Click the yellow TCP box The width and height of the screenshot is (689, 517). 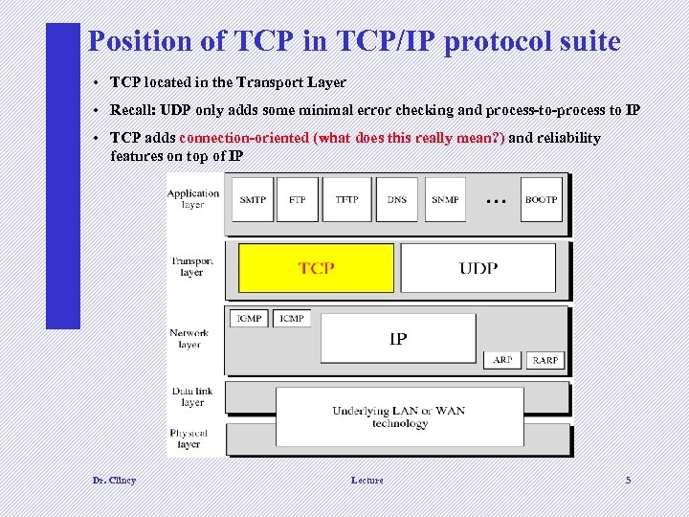(x=316, y=267)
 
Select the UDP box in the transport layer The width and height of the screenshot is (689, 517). (x=478, y=267)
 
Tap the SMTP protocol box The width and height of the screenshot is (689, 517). (x=253, y=199)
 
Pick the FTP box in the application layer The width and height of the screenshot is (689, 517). (x=298, y=199)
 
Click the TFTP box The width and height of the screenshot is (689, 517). (x=346, y=199)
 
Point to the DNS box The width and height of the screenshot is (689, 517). (x=397, y=199)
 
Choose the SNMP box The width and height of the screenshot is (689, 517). (x=445, y=199)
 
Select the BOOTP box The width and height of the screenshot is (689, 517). (x=541, y=199)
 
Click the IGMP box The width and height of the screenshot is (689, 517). (x=249, y=318)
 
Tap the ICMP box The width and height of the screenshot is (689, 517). (x=292, y=318)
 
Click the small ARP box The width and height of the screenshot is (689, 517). (x=502, y=360)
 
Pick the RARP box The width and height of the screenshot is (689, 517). (x=545, y=360)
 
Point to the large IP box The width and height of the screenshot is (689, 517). (x=398, y=338)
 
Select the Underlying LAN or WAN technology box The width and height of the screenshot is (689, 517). (x=399, y=416)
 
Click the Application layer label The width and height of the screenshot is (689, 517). (x=192, y=198)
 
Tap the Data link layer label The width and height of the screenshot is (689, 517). (x=192, y=396)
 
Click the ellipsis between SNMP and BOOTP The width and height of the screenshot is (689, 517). (x=495, y=201)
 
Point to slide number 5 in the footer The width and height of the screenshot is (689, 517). (x=628, y=480)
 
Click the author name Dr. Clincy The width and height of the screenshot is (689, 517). (x=114, y=480)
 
